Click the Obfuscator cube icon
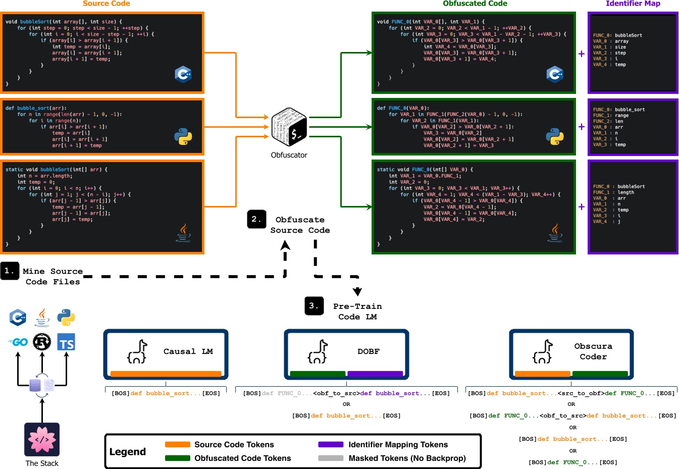pyautogui.click(x=289, y=127)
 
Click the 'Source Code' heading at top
pyautogui.click(x=107, y=4)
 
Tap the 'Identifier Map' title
pyautogui.click(x=633, y=4)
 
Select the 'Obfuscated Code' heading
pyautogui.click(x=475, y=4)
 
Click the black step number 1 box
pyautogui.click(x=10, y=271)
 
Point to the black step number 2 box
pyautogui.click(x=256, y=219)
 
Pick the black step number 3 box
pyautogui.click(x=314, y=306)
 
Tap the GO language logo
pyautogui.click(x=18, y=342)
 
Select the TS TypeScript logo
pyautogui.click(x=66, y=343)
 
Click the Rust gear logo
pyautogui.click(x=42, y=342)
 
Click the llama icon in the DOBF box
pyautogui.click(x=318, y=352)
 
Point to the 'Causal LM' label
pyautogui.click(x=188, y=351)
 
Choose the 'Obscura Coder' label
pyautogui.click(x=593, y=351)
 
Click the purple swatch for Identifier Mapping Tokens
pyautogui.click(x=331, y=445)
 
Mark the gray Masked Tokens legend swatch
pyautogui.click(x=331, y=458)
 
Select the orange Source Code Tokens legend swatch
pyautogui.click(x=177, y=445)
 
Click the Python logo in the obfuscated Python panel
pyautogui.click(x=554, y=137)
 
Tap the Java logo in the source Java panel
pyautogui.click(x=183, y=233)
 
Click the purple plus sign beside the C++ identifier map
pyautogui.click(x=582, y=54)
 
